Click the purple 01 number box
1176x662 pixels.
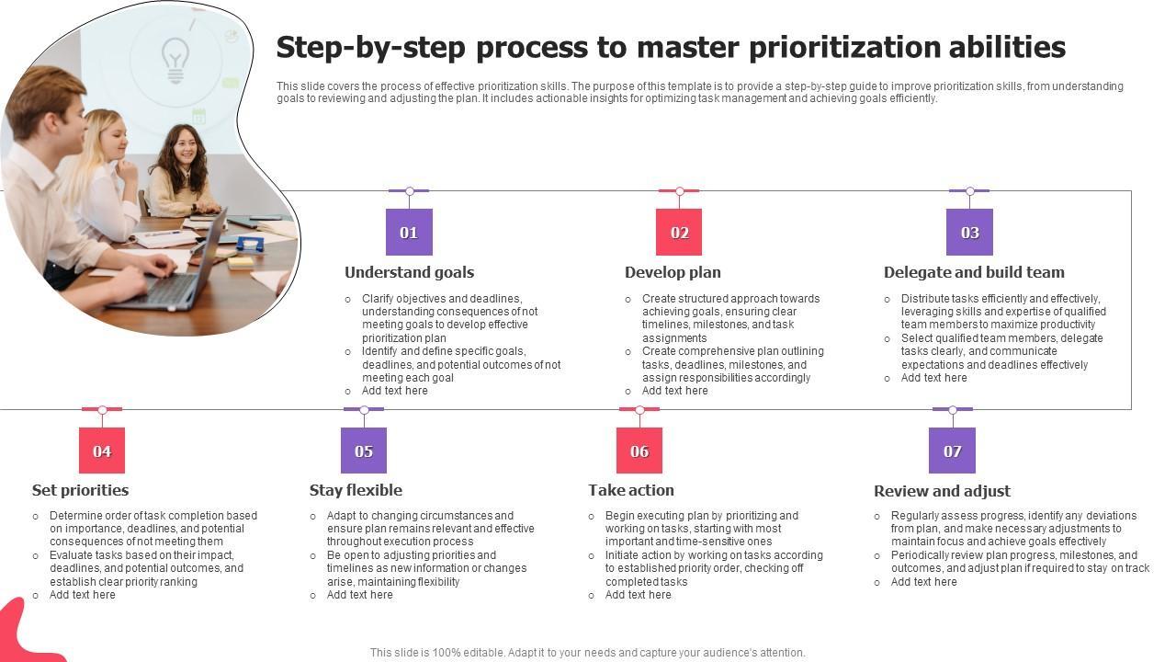(409, 233)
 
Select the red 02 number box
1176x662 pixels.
(679, 233)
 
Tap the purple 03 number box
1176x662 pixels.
(969, 233)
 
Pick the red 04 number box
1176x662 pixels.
(102, 451)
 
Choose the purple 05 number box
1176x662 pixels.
(364, 451)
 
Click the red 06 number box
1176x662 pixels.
(639, 451)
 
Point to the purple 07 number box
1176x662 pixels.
(953, 451)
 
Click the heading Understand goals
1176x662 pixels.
(410, 272)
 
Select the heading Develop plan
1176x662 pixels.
(673, 272)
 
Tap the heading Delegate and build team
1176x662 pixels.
(975, 272)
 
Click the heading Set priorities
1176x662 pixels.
(80, 490)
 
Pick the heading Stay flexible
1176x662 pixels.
(356, 490)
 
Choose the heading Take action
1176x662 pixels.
(631, 490)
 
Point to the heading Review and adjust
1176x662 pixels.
(943, 491)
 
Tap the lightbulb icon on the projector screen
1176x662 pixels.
(175, 61)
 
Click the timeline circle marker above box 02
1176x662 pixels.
(679, 190)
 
